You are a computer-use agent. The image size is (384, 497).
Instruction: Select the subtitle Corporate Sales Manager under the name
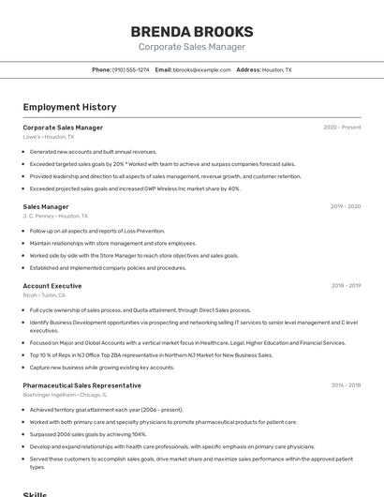(191, 47)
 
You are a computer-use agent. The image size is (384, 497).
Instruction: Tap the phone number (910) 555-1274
(130, 69)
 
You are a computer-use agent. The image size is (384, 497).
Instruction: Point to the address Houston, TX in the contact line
(276, 69)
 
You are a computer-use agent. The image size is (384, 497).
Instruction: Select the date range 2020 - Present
(342, 128)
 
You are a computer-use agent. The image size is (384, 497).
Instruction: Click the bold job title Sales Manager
(46, 206)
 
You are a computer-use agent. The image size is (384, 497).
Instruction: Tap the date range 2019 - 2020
(345, 206)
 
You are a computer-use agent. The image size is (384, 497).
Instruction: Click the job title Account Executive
(52, 285)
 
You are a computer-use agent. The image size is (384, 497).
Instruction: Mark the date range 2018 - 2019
(345, 285)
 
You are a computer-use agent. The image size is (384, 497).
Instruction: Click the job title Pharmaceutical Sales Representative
(81, 385)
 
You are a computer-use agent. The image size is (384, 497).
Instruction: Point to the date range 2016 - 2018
(345, 385)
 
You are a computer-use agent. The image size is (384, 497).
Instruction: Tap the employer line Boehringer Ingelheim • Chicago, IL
(65, 395)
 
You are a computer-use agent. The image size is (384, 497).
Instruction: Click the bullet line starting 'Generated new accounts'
(93, 151)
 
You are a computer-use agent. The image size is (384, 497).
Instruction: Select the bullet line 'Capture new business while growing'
(102, 368)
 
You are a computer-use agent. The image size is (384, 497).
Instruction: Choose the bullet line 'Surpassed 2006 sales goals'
(88, 434)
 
